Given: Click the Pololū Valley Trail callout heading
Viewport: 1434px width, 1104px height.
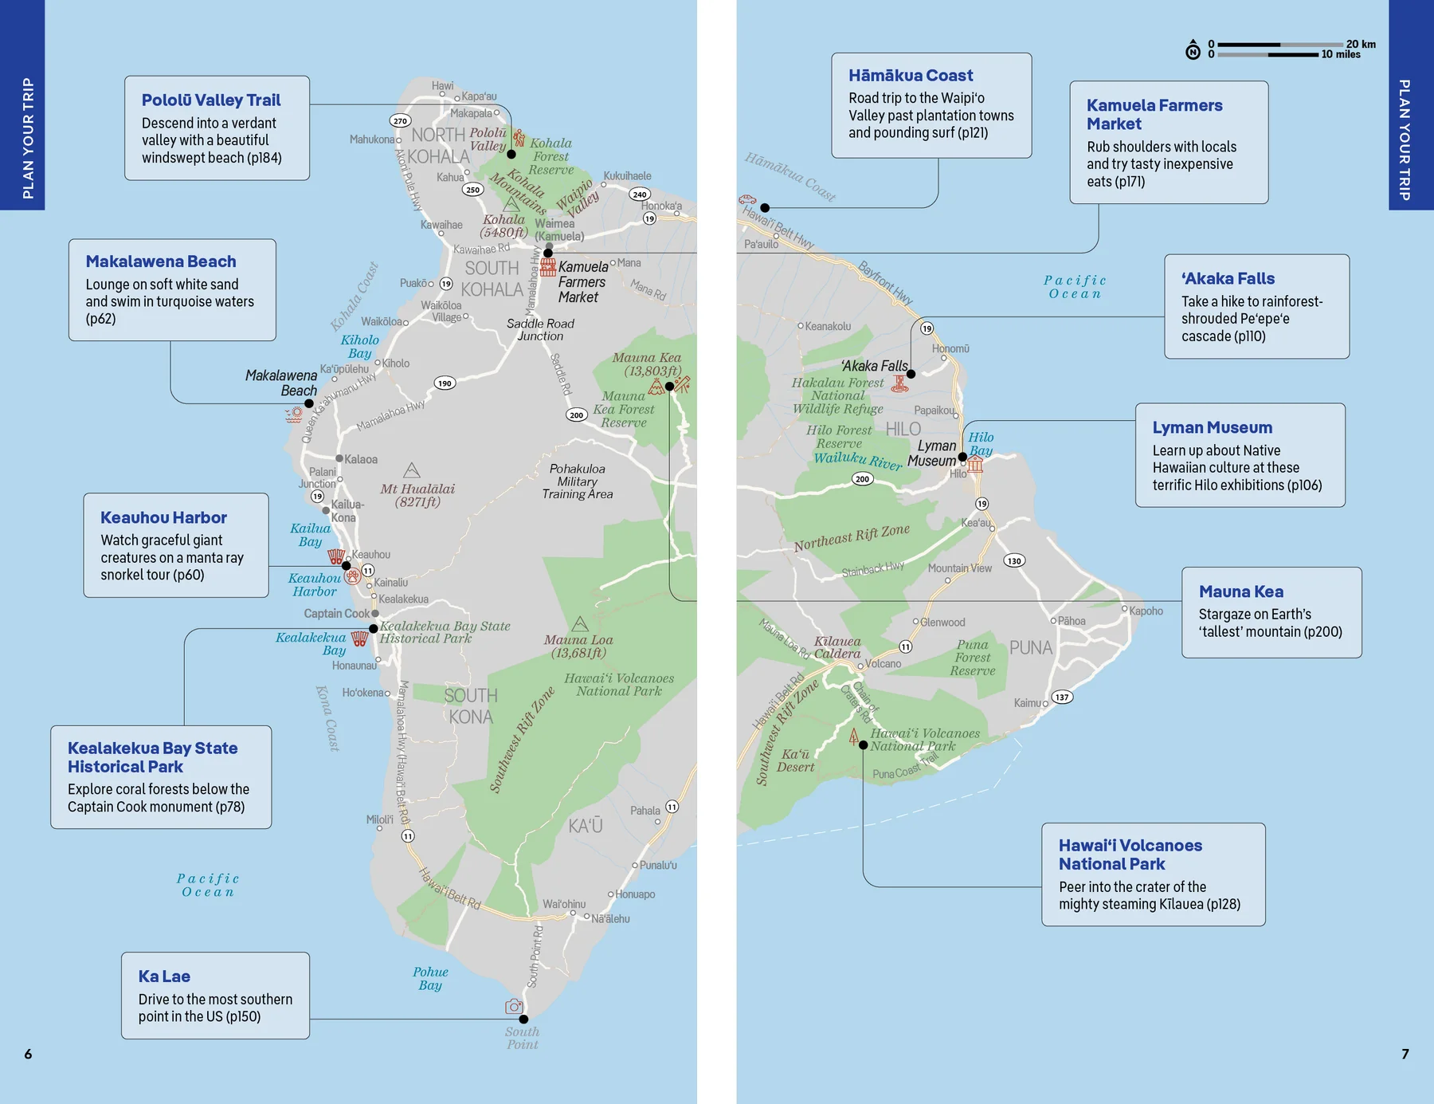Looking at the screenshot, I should coord(211,100).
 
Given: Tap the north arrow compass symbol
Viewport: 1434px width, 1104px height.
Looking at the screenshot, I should coord(1193,50).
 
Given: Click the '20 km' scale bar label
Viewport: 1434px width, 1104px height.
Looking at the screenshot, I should coord(1361,44).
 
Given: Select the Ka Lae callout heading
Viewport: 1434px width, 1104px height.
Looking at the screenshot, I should coord(164,976).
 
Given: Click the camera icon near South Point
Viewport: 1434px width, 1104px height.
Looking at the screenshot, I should coord(514,1007).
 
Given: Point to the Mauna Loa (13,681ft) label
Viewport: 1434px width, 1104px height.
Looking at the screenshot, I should coord(579,646).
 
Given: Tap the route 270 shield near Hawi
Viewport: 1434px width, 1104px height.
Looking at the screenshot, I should coord(400,121).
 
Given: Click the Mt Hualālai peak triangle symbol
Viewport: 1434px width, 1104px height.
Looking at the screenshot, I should coord(411,470).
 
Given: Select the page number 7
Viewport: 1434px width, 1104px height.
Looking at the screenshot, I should coord(1405,1054).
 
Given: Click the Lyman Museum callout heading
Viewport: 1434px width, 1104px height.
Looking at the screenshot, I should coord(1212,428).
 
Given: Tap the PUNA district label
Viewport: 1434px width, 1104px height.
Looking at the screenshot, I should coord(1031,648).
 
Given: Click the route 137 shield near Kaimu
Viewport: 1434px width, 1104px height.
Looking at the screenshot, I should coord(1062,697).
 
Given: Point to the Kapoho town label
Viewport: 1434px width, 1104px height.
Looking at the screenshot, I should coord(1146,611).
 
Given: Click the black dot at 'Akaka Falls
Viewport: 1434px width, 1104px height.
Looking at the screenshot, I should coord(911,374).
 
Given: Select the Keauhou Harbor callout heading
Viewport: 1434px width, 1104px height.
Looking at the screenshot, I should coord(163,518).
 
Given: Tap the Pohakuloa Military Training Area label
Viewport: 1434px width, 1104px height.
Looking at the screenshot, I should coord(578,481).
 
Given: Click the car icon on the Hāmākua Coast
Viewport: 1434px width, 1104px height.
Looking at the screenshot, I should coord(747,199).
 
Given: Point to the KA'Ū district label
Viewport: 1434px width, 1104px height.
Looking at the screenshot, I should coord(586,826).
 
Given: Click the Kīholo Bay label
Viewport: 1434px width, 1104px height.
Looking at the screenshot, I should coord(359,346).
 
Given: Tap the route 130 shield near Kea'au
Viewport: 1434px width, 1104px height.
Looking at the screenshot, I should coord(1013,560).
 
